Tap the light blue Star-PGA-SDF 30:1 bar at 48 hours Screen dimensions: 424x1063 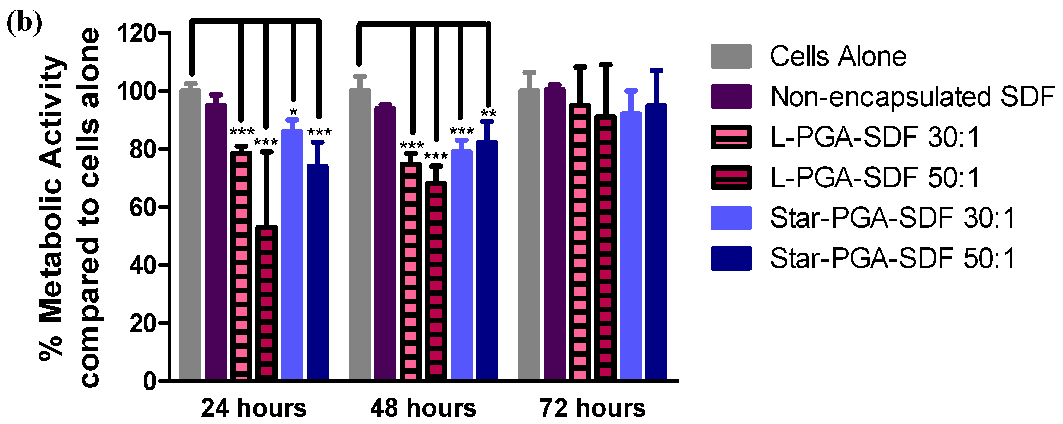[x=461, y=264]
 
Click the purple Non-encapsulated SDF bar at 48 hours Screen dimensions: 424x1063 [x=385, y=244]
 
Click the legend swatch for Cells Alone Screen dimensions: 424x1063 [x=731, y=56]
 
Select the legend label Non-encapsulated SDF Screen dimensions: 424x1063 [x=912, y=97]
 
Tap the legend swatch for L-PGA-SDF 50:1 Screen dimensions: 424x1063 [x=731, y=177]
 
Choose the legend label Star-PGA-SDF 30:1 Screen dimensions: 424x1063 [x=893, y=218]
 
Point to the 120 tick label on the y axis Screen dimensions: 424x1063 [x=136, y=33]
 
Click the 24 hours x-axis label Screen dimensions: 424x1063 [x=254, y=408]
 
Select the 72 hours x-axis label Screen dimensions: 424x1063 [x=593, y=408]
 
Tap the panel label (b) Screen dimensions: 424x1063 [x=24, y=24]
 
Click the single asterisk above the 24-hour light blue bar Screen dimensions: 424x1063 [x=294, y=112]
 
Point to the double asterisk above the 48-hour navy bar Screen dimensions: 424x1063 [x=488, y=113]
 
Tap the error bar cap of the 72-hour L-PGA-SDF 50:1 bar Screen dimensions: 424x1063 [x=605, y=65]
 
